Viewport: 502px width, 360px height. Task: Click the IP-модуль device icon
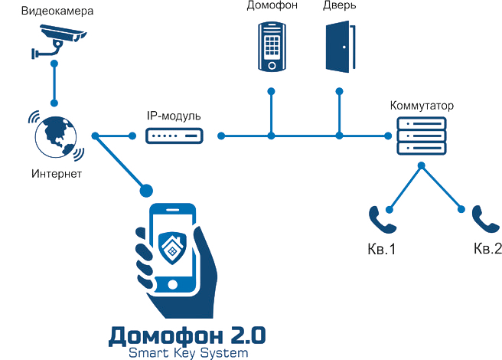[174, 136]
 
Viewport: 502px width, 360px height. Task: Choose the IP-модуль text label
[174, 116]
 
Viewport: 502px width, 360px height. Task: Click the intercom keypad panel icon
[271, 45]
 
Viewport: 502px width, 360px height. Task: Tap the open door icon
[337, 46]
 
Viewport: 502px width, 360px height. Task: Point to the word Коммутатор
[421, 105]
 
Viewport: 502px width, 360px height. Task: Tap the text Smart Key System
[188, 353]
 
